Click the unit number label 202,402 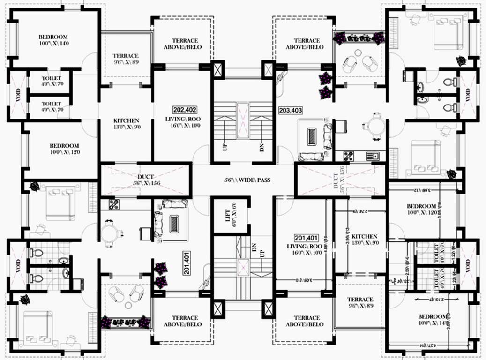pyautogui.click(x=181, y=109)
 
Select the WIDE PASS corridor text pyautogui.click(x=254, y=180)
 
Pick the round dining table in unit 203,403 pyautogui.click(x=375, y=126)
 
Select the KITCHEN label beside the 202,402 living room pyautogui.click(x=127, y=120)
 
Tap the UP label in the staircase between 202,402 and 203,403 pyautogui.click(x=225, y=147)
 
